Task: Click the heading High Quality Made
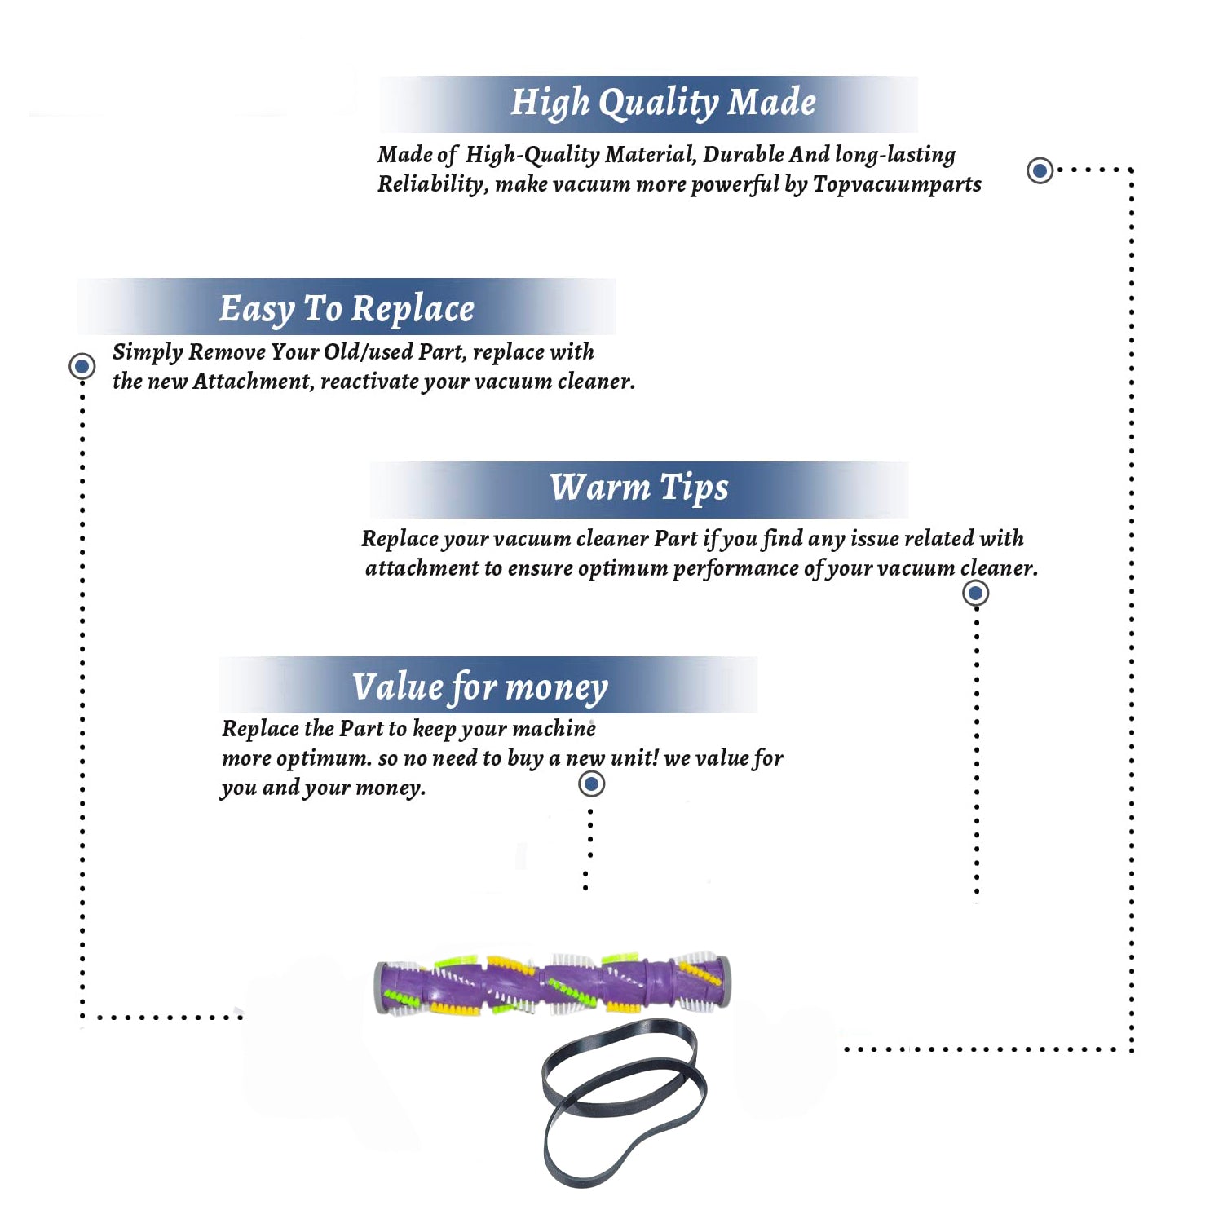663,104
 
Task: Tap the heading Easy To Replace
347,309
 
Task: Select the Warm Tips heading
639,488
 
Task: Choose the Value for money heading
480,687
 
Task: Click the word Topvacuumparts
897,184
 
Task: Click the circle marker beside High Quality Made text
1040,170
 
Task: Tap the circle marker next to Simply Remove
82,366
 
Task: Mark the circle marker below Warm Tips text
975,593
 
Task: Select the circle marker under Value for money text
591,784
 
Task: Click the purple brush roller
552,984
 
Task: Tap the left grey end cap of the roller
380,987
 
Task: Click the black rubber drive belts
624,1102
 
